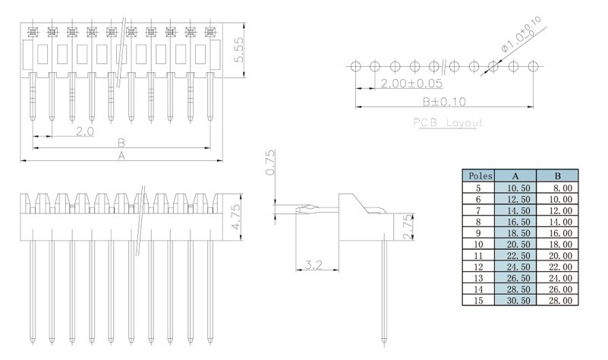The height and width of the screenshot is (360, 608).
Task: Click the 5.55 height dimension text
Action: point(239,49)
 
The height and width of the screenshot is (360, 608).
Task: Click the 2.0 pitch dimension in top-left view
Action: point(85,131)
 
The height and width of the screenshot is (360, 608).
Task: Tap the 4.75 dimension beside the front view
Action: point(236,217)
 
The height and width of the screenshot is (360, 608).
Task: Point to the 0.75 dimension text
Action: point(271,163)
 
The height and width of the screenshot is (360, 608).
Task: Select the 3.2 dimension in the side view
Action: point(313,265)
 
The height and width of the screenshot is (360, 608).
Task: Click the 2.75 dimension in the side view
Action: point(408,227)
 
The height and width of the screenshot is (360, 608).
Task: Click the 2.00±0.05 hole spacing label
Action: point(411,84)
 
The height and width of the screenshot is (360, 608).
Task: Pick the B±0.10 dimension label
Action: point(444,102)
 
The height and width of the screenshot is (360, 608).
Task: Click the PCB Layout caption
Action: point(448,123)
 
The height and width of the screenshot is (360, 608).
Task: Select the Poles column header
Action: point(480,175)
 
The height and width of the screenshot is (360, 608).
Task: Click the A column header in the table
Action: point(515,176)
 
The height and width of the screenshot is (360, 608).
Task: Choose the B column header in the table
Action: point(558,176)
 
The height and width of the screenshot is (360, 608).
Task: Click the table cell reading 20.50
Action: point(518,245)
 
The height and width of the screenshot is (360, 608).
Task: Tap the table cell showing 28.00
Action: point(561,301)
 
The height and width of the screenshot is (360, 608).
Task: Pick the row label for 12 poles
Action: point(478,267)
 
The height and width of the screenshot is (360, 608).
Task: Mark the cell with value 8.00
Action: point(562,188)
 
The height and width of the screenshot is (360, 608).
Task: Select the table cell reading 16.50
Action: point(518,222)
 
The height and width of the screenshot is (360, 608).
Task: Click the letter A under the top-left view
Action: point(121,156)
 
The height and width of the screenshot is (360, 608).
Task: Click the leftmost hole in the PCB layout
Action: point(355,66)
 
